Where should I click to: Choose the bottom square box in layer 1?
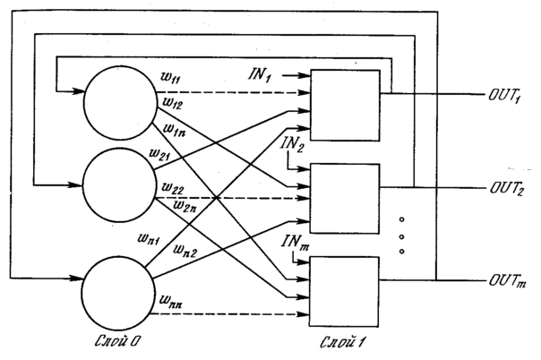click(343, 288)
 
